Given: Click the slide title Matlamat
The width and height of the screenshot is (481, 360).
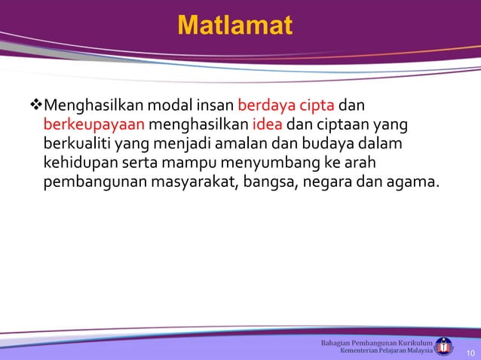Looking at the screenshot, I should (x=234, y=26).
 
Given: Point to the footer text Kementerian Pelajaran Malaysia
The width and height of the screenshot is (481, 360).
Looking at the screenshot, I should (x=387, y=351).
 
